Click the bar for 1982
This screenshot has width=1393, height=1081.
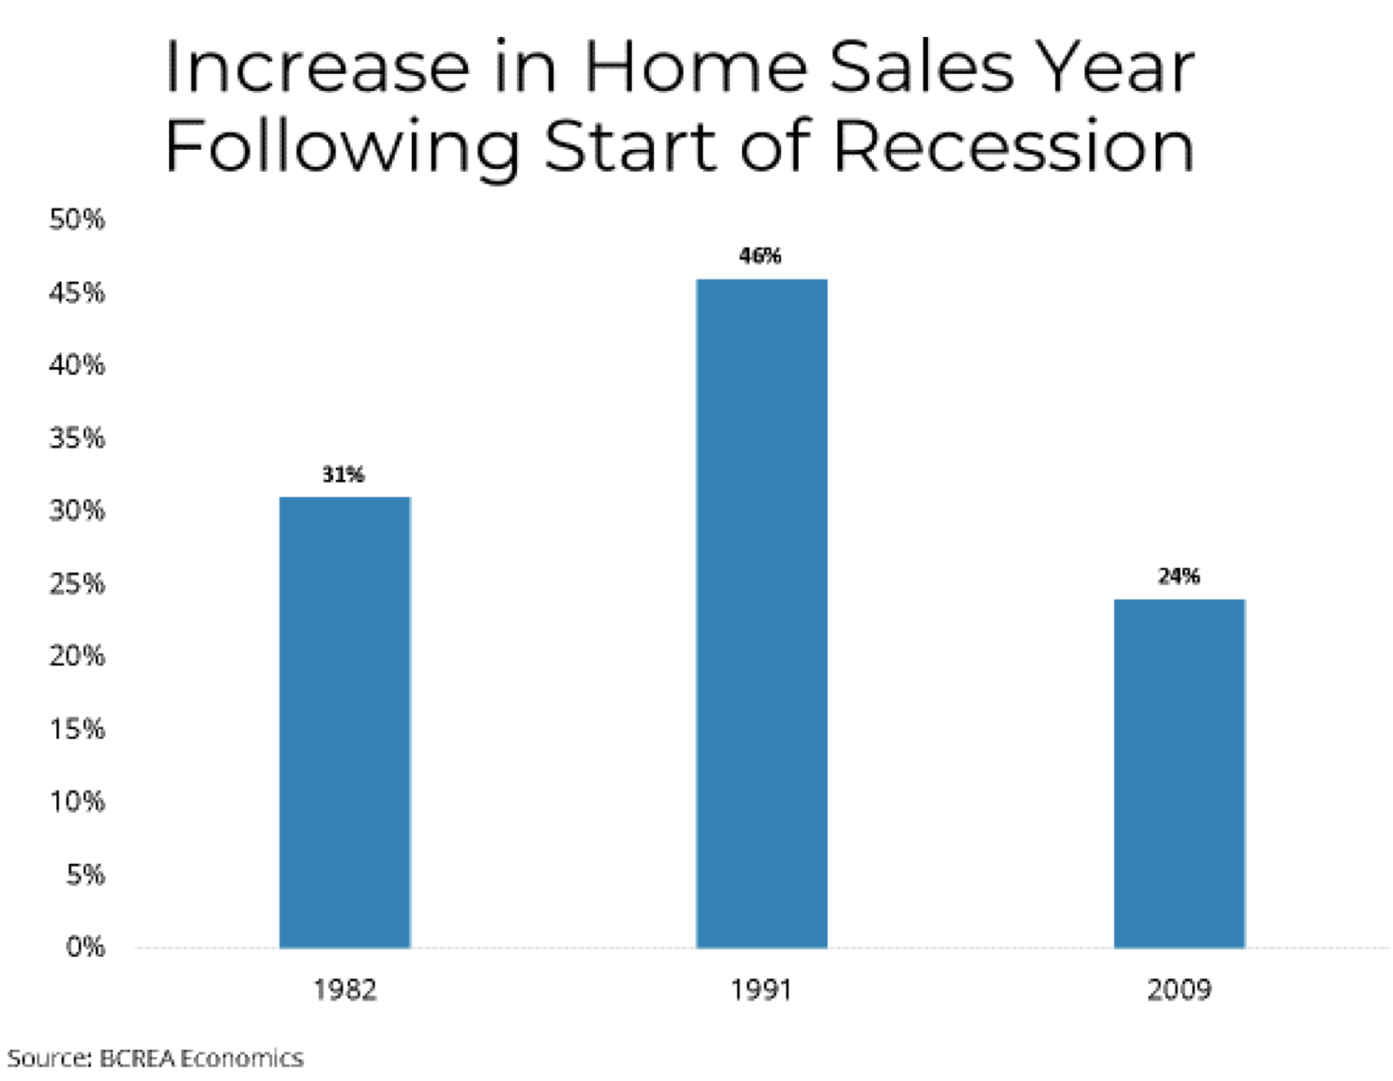coord(344,723)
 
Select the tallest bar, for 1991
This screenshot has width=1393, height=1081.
coord(762,614)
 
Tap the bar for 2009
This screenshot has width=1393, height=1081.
coord(1179,774)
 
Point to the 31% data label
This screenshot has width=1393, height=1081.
coord(343,474)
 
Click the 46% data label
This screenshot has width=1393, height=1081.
coord(760,256)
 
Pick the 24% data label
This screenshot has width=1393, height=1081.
coord(1179,577)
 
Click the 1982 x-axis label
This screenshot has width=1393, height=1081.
coord(344,990)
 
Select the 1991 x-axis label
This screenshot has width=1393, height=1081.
coord(762,990)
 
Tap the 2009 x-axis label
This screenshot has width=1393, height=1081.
coord(1179,990)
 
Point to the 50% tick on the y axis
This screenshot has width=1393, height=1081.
coord(77,220)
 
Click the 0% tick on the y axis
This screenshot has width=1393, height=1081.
coord(85,946)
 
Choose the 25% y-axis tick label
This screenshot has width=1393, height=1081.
coord(77,583)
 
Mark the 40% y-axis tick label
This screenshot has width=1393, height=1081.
coord(77,365)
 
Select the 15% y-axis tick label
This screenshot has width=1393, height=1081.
coord(77,729)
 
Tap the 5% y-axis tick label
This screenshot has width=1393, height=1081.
coord(85,874)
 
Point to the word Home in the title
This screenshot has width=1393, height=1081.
coord(696,66)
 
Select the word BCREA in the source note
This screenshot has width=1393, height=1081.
coord(138,1058)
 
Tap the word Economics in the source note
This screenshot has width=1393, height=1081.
coord(242,1058)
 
